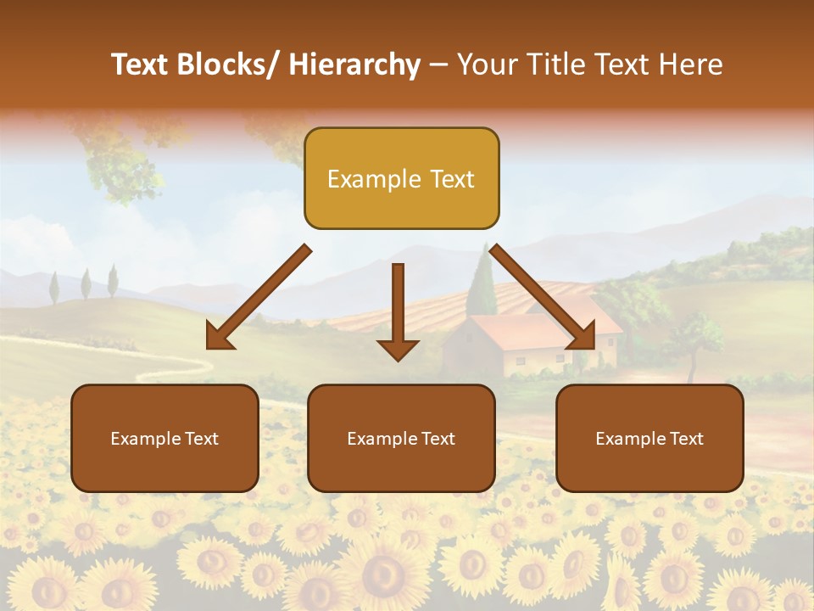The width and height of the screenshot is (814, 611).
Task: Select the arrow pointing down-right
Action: pos(543,298)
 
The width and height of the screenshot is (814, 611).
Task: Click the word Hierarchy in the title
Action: pos(354,64)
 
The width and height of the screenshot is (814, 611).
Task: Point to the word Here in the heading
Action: pos(691,64)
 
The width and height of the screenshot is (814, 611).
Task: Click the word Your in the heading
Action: pos(486,64)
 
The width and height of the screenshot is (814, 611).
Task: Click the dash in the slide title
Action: pos(438,64)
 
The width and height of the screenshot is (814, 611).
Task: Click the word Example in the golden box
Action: pos(362,179)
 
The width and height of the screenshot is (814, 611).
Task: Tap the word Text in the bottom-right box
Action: pos(686,438)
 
